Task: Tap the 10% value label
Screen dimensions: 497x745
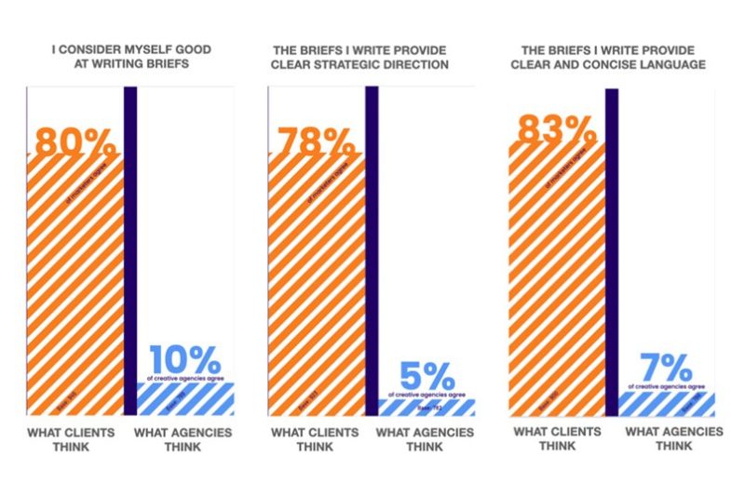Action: [185, 360]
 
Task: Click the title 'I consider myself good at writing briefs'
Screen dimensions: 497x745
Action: [130, 58]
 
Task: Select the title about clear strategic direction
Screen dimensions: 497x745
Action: [372, 58]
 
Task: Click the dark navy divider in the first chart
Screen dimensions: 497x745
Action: [130, 251]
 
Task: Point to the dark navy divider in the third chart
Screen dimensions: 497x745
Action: [612, 251]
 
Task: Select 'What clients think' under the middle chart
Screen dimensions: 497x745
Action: [315, 438]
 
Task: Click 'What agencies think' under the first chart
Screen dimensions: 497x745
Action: [183, 438]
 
